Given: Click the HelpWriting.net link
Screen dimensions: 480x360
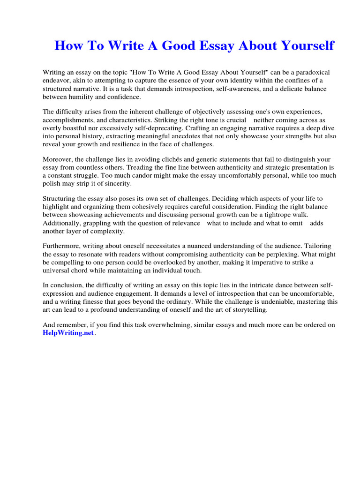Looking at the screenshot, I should pyautogui.click(x=68, y=333).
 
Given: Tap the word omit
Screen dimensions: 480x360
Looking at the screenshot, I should pyautogui.click(x=296, y=223).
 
